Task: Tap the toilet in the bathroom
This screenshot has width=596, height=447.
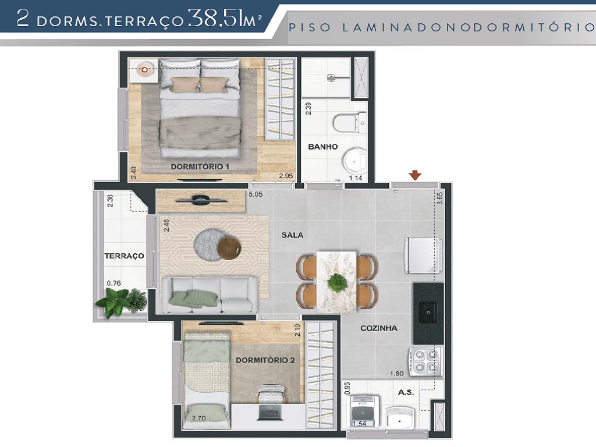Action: pos(348,122)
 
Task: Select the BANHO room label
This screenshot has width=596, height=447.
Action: pos(323,147)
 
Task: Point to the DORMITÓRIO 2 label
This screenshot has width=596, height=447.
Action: pos(265,360)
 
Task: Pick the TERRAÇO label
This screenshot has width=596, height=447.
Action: pos(124,256)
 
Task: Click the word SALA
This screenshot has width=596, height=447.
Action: pos(293,235)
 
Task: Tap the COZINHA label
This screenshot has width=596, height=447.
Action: pos(378,328)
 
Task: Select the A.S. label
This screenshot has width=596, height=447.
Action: pos(406,392)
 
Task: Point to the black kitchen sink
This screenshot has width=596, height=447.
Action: pos(428,313)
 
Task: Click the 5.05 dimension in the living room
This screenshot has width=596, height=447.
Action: pos(256,195)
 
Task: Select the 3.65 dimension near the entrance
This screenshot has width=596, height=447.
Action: pos(440,198)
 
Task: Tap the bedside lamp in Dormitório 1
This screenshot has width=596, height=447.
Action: pos(144,69)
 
